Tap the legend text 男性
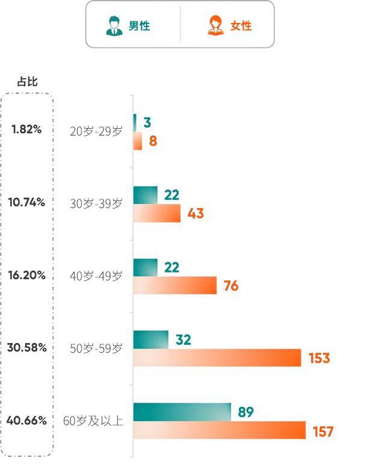(x=139, y=26)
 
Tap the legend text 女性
(x=241, y=26)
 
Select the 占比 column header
(x=27, y=82)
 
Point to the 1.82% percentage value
(x=26, y=129)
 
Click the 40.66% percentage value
(x=26, y=421)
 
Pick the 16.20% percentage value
(x=26, y=275)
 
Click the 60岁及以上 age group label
(x=93, y=421)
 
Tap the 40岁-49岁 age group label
(x=96, y=276)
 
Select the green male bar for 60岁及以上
(x=182, y=412)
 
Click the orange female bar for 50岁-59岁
(x=217, y=358)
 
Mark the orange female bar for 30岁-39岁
(x=156, y=214)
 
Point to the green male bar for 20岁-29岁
(x=135, y=123)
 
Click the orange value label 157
(x=322, y=431)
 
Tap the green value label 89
(x=245, y=412)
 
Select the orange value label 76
(x=231, y=286)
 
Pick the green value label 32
(x=183, y=340)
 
